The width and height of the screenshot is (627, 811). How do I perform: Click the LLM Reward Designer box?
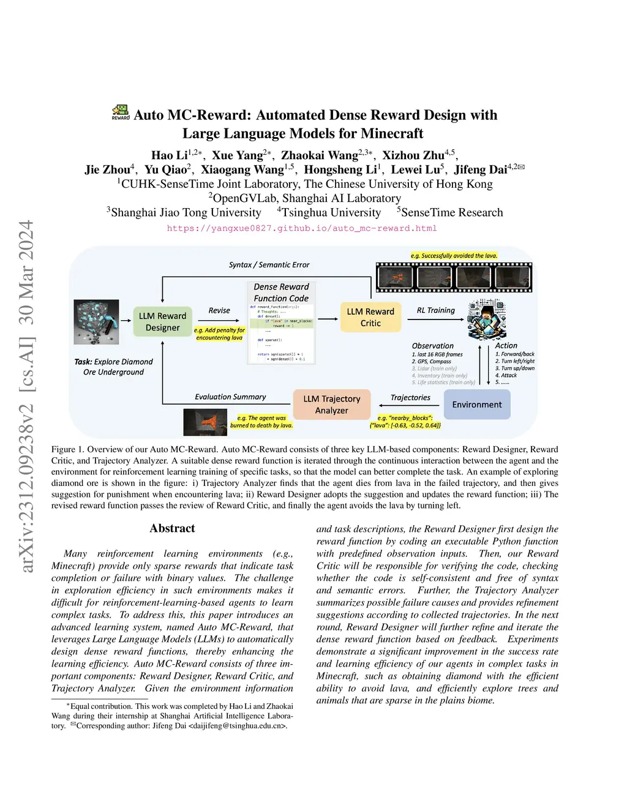[x=162, y=322]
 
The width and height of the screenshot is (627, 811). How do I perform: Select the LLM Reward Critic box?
[x=370, y=317]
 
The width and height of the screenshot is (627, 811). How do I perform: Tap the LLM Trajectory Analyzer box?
[x=331, y=405]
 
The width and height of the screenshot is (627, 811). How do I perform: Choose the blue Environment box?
[x=476, y=405]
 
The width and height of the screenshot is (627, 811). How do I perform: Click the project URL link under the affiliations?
[x=302, y=228]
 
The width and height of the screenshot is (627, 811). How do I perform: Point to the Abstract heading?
[x=172, y=528]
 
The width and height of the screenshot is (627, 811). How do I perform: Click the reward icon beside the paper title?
[x=121, y=112]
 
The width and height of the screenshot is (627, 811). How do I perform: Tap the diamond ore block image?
[x=96, y=321]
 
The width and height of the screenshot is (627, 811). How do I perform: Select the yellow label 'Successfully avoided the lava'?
[x=454, y=255]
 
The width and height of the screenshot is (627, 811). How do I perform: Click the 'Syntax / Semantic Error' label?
[x=269, y=265]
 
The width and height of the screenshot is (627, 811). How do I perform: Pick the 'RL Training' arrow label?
[x=435, y=310]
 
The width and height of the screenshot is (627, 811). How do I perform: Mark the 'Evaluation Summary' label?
[x=230, y=397]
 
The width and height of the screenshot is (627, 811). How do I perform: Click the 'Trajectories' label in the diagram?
[x=410, y=397]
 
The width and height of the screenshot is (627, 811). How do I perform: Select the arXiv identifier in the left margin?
[x=26, y=396]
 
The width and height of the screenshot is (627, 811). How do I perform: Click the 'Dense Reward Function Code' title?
[x=281, y=293]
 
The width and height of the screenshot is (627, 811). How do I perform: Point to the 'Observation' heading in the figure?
[x=432, y=346]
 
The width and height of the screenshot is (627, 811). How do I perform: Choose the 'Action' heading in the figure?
[x=506, y=346]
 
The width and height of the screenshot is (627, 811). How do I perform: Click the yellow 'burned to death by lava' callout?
[x=261, y=422]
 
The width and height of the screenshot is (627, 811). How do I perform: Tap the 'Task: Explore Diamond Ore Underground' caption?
[x=113, y=367]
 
